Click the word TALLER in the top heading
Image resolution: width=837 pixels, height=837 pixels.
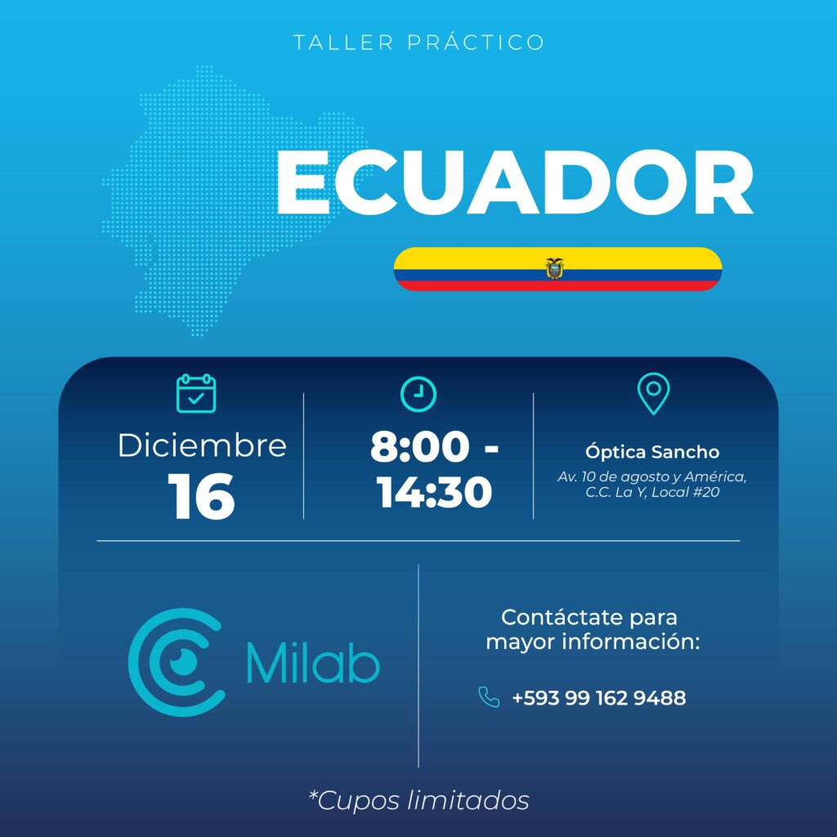343,43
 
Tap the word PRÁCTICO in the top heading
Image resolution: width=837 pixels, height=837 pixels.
477,42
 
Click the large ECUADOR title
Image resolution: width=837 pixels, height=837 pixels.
514,182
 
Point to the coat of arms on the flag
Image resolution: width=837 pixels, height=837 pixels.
555,268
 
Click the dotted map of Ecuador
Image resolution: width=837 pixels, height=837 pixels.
224,203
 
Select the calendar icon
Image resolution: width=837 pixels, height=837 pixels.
196,393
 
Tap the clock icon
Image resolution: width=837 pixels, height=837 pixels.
418,394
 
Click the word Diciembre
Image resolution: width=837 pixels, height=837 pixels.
202,445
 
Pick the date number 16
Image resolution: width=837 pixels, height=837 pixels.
201,496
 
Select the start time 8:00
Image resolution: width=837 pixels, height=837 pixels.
419,446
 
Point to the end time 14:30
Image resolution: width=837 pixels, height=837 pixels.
434,491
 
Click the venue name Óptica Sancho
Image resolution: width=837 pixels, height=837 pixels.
652,451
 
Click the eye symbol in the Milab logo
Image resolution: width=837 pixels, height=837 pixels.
183,662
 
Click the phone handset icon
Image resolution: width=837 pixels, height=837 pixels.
489,697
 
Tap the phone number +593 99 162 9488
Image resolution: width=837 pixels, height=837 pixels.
599,698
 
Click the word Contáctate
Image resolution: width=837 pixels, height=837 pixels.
562,618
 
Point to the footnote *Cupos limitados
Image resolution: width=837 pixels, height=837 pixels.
419,800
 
